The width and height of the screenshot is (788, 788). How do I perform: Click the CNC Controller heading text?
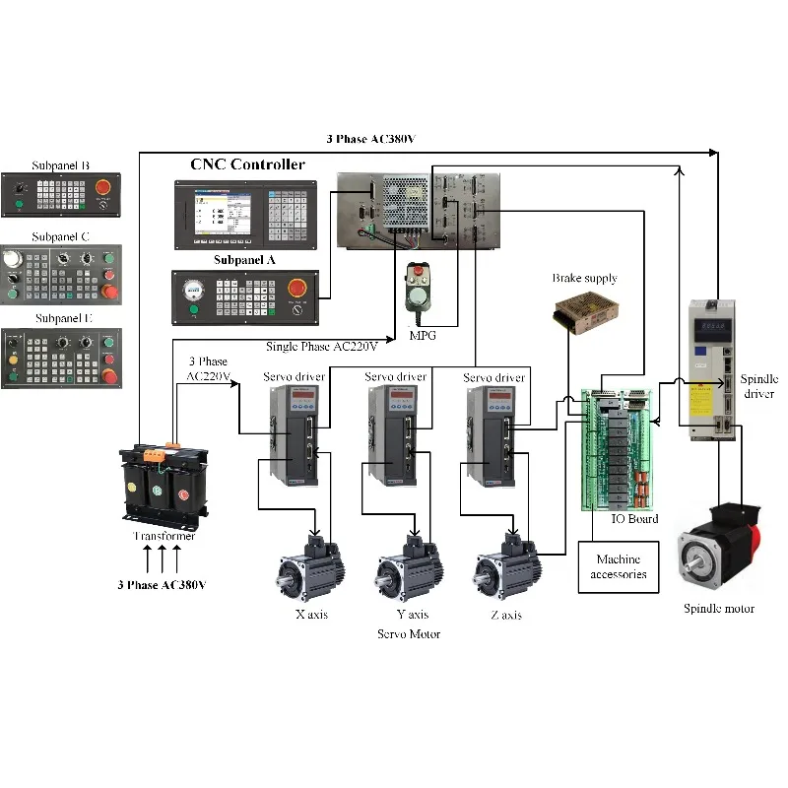pos(247,164)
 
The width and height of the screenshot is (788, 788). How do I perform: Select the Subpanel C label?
pos(61,236)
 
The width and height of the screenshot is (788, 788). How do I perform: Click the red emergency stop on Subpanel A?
pos(296,288)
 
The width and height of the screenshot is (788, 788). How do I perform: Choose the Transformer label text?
pos(164,536)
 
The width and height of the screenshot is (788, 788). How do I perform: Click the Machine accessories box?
pos(618,566)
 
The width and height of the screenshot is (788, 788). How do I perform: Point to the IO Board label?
pos(634,518)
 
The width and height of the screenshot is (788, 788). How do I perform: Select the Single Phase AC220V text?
pos(322,347)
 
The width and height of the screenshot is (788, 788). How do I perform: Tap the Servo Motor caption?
pos(409,634)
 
